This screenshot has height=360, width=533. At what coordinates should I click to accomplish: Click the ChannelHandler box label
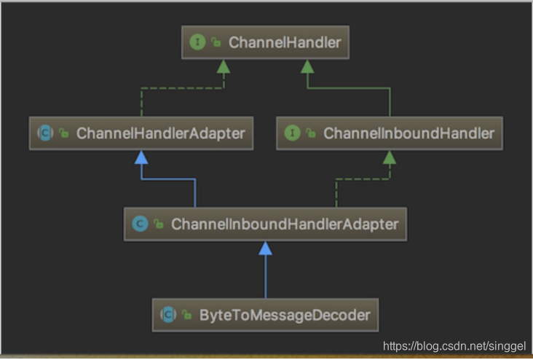284,42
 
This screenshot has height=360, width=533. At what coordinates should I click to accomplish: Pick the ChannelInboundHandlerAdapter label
285,224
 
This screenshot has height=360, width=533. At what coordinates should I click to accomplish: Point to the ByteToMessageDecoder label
285,316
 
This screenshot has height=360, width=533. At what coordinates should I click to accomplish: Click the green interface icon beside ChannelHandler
197,42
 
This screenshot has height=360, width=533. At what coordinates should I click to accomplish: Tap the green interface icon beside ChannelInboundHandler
292,133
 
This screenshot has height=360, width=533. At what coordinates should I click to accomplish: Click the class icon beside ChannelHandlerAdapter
45,133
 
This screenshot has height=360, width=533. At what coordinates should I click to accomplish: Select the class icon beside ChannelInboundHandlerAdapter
140,224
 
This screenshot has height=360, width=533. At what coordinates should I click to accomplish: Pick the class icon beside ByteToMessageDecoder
169,316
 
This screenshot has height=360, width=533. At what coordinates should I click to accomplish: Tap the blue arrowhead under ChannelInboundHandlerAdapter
266,248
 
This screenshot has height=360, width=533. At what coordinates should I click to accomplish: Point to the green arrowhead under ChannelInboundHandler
390,157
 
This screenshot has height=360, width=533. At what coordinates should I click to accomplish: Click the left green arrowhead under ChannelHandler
224,66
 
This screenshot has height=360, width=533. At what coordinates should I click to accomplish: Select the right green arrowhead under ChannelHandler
307,66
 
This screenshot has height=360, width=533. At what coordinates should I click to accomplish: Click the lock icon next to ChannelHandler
216,43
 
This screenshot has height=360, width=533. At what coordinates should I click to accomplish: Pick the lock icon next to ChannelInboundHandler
311,133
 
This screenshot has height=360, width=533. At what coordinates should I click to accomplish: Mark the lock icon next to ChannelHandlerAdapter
64,133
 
